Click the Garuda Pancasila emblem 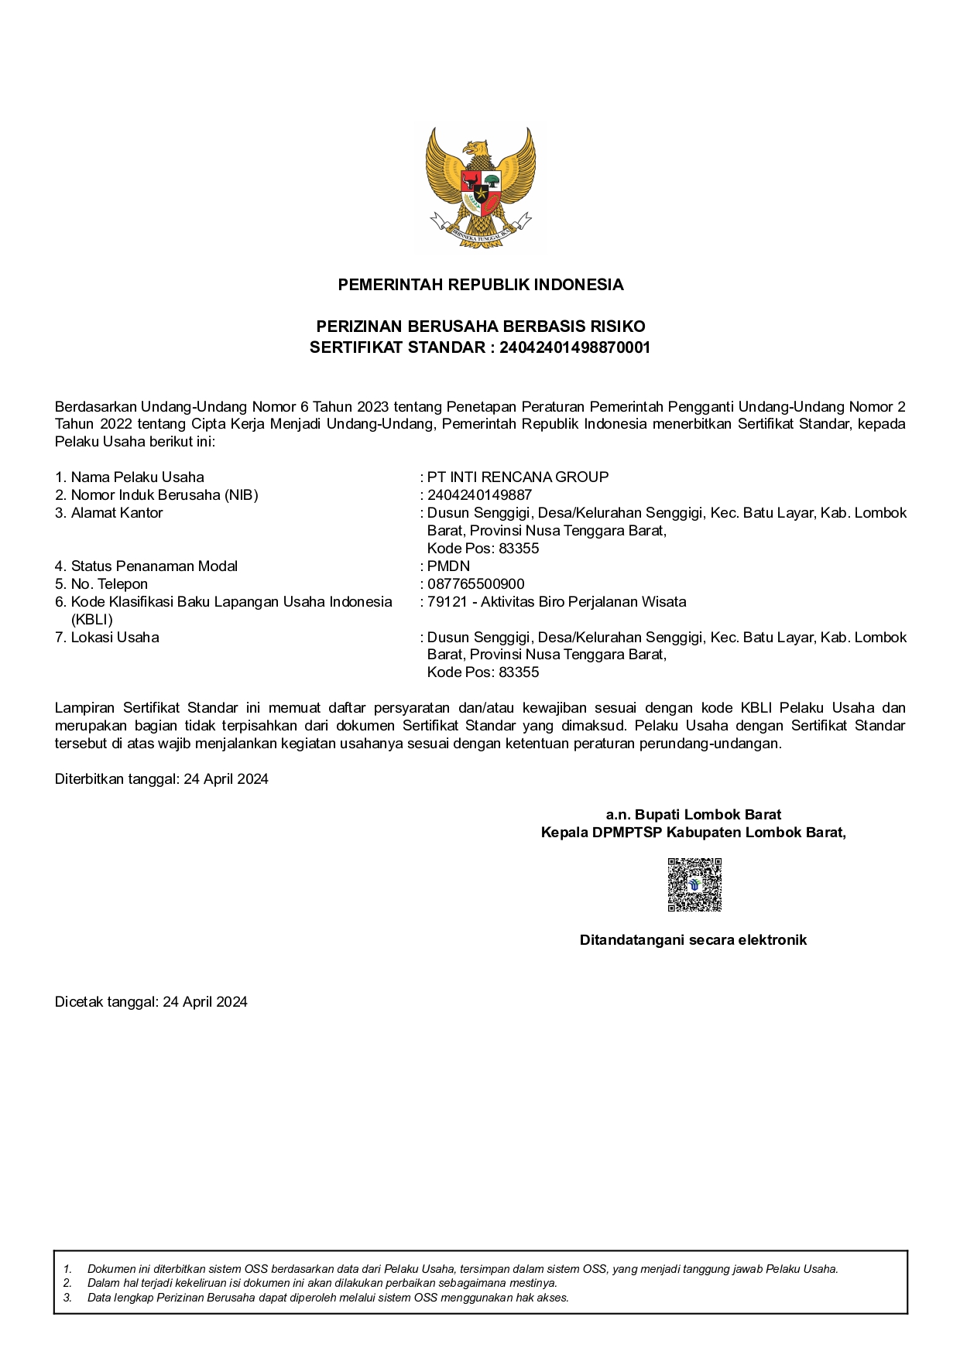pyautogui.click(x=480, y=187)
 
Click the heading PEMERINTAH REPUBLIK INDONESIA pyautogui.click(x=480, y=285)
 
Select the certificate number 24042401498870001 pyautogui.click(x=574, y=347)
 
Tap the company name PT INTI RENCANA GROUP pyautogui.click(x=518, y=477)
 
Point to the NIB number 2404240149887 pyautogui.click(x=479, y=494)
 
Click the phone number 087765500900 pyautogui.click(x=475, y=583)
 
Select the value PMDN pyautogui.click(x=448, y=566)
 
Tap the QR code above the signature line pyautogui.click(x=694, y=884)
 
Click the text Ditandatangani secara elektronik pyautogui.click(x=693, y=940)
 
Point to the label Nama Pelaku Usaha pyautogui.click(x=137, y=477)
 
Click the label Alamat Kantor pyautogui.click(x=117, y=512)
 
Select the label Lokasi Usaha pyautogui.click(x=115, y=637)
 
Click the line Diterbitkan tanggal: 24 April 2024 pyautogui.click(x=161, y=779)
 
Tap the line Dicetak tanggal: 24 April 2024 pyautogui.click(x=151, y=1001)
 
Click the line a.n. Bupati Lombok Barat pyautogui.click(x=693, y=815)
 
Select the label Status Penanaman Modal pyautogui.click(x=154, y=566)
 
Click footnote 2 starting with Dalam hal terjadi pyautogui.click(x=322, y=1283)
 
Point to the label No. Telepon pyautogui.click(x=109, y=583)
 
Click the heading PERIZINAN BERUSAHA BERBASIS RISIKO pyautogui.click(x=480, y=327)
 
